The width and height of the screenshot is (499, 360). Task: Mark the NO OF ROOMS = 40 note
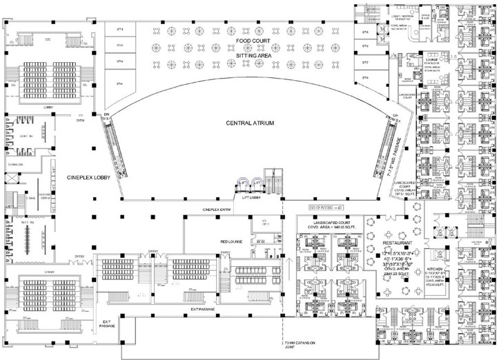(x=324, y=209)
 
